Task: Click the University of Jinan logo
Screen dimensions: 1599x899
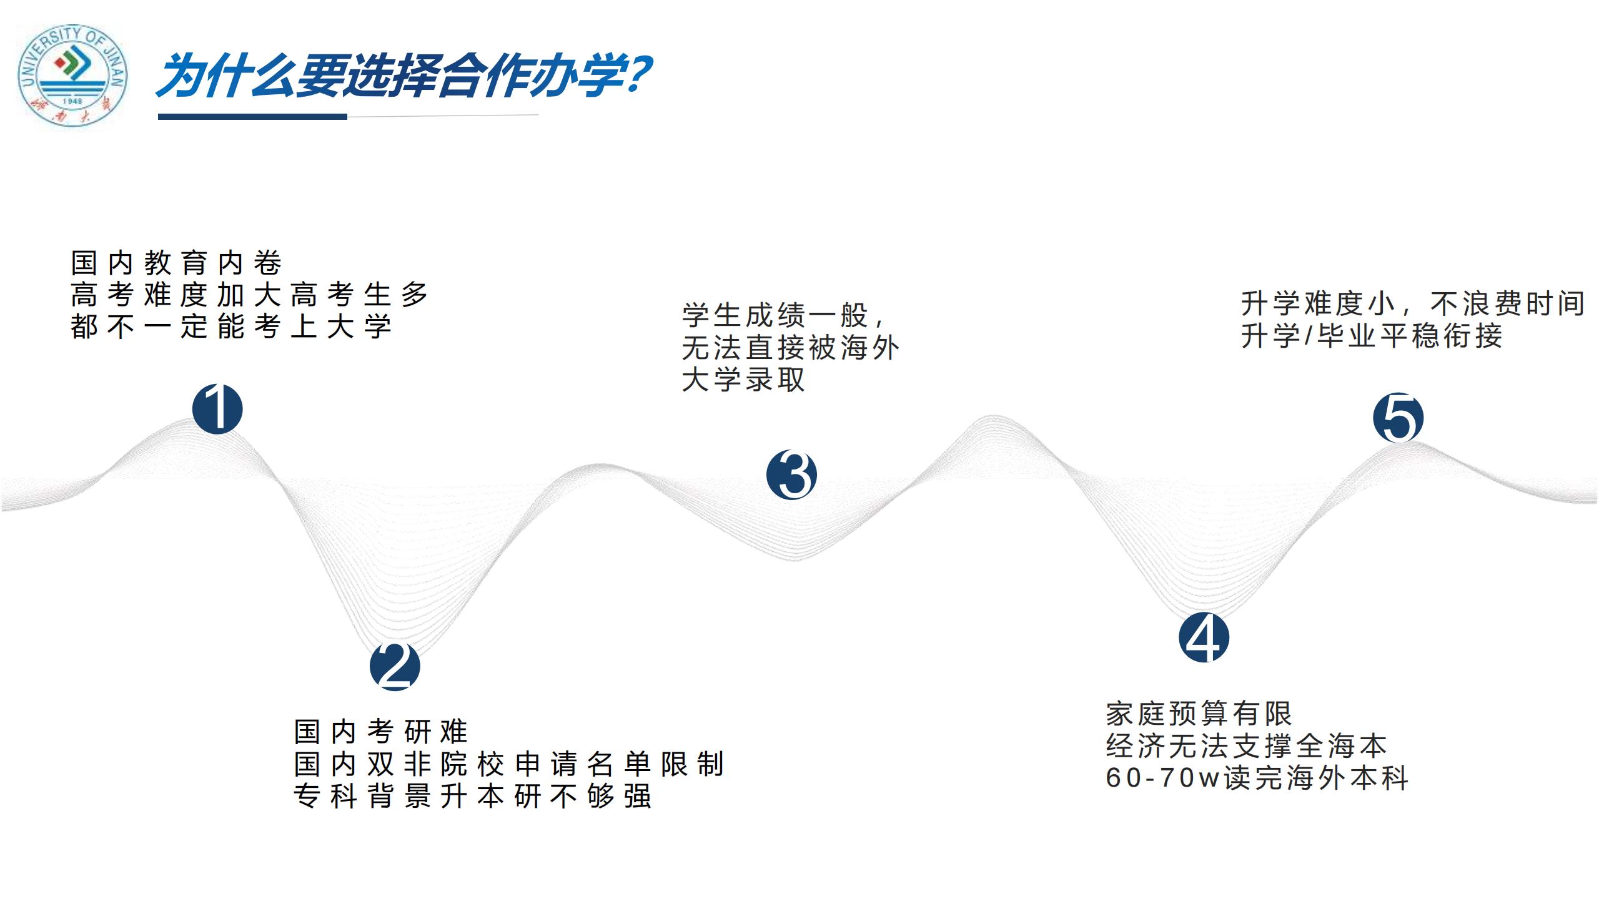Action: click(72, 77)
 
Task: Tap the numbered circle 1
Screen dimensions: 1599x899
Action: click(217, 409)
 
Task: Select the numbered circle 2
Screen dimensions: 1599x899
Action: click(395, 666)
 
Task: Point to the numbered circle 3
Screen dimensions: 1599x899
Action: click(791, 474)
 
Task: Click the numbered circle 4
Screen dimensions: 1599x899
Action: click(1204, 637)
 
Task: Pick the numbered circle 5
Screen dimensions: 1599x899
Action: click(1398, 418)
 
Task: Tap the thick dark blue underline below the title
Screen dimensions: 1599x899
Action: click(252, 117)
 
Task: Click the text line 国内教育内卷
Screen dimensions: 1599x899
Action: click(176, 263)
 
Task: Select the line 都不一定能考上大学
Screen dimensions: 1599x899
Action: click(231, 327)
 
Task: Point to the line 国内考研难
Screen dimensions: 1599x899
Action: click(380, 732)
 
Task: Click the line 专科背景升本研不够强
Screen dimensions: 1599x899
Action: click(473, 796)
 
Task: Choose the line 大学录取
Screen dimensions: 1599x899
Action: click(743, 380)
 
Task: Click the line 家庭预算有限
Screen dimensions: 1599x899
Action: click(1199, 714)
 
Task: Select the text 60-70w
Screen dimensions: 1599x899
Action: click(1163, 778)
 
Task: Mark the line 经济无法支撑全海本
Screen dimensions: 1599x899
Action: click(1246, 745)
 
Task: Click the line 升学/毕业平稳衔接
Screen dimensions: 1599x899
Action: click(1372, 336)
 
